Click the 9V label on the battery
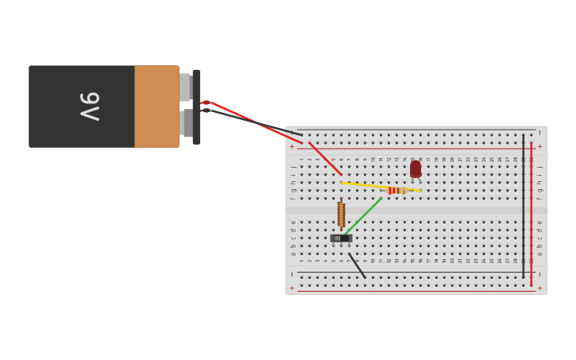pyautogui.click(x=89, y=106)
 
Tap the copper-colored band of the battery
pyautogui.click(x=157, y=106)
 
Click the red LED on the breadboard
pyautogui.click(x=416, y=168)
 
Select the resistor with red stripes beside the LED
pyautogui.click(x=394, y=191)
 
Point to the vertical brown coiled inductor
pyautogui.click(x=342, y=214)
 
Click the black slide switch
pyautogui.click(x=341, y=238)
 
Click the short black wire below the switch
pyautogui.click(x=358, y=266)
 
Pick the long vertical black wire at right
pyautogui.click(x=524, y=207)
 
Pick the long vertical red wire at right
pyautogui.click(x=532, y=215)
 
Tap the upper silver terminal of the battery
pyautogui.click(x=185, y=87)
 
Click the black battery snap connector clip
pyautogui.click(x=196, y=106)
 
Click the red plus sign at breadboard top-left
pyautogui.click(x=292, y=146)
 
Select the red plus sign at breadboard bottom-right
pyautogui.click(x=539, y=288)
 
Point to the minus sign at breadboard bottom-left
pyautogui.click(x=292, y=273)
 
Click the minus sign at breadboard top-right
pyautogui.click(x=539, y=132)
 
